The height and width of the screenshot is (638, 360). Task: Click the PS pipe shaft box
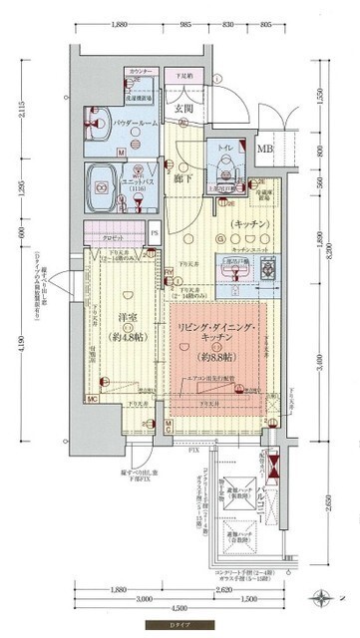[x=154, y=235]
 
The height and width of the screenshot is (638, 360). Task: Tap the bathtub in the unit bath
[x=106, y=180]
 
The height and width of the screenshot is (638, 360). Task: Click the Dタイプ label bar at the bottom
[x=179, y=626]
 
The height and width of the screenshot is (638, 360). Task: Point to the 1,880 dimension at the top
[x=120, y=23]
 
